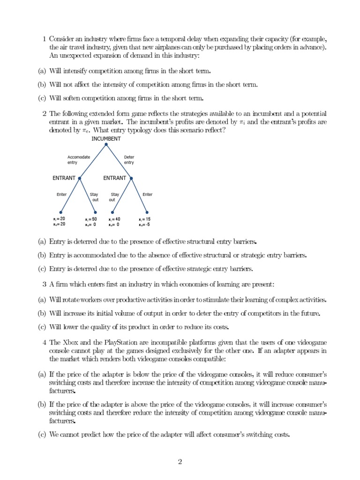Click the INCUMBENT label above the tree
(106, 139)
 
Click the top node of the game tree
(106, 144)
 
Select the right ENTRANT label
(114, 178)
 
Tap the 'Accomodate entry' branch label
(79, 160)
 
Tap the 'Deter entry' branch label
(129, 160)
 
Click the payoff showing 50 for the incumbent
(91, 222)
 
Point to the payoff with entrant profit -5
(144, 222)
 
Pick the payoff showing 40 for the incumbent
(114, 222)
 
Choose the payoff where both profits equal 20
(60, 222)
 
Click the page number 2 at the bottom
(180, 462)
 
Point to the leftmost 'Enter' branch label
(61, 195)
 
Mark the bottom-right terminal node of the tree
(147, 212)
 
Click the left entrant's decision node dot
(80, 179)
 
